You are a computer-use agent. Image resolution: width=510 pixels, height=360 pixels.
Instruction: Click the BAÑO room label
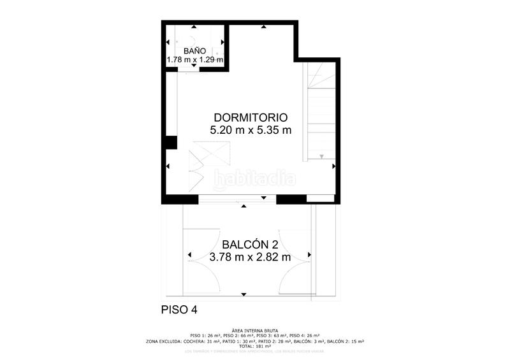[x=194, y=50]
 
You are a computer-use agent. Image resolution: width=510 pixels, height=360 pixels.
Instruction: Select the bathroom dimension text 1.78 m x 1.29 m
[x=194, y=60]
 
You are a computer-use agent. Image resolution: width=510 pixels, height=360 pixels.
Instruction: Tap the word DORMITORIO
[x=251, y=118]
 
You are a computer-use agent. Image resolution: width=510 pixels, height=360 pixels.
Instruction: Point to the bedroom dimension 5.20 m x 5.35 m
[x=251, y=131]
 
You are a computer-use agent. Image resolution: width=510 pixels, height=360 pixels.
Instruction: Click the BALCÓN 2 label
[x=250, y=245]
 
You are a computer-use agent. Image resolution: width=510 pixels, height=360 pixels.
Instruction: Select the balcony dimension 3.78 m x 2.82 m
[x=250, y=258]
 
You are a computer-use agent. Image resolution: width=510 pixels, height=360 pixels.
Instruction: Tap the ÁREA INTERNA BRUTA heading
[x=255, y=330]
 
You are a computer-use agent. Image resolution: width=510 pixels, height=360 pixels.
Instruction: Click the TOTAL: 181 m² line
[x=255, y=346]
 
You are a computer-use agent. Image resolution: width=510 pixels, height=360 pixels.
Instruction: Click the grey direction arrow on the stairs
[x=322, y=156]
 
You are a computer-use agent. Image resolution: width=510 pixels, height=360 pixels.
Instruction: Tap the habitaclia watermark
[x=255, y=179]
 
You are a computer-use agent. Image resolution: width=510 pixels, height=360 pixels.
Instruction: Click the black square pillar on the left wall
[x=170, y=142]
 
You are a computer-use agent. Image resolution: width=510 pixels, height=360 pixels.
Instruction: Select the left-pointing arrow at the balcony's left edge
[x=189, y=256]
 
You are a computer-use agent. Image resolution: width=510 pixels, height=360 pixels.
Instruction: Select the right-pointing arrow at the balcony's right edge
[x=310, y=256]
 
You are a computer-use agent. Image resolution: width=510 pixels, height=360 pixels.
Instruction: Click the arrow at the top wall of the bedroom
[x=263, y=27]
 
